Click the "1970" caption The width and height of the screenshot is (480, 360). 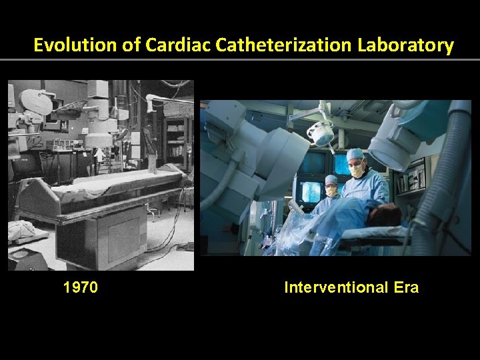[x=81, y=287]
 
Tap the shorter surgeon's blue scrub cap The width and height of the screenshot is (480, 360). [x=331, y=179]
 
